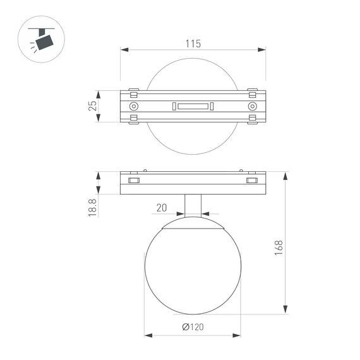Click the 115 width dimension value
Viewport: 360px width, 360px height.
pyautogui.click(x=193, y=44)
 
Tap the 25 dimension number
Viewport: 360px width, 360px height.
pyautogui.click(x=92, y=105)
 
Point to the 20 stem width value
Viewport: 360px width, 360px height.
pyautogui.click(x=162, y=207)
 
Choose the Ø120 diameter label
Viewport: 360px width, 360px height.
pyautogui.click(x=193, y=328)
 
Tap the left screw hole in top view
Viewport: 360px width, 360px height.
pyautogui.click(x=133, y=106)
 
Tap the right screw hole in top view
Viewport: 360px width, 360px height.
pyautogui.click(x=252, y=106)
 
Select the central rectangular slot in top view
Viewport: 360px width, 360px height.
pyautogui.click(x=193, y=106)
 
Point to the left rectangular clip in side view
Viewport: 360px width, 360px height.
pyautogui.click(x=133, y=181)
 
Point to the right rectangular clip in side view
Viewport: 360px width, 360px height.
pyautogui.click(x=252, y=181)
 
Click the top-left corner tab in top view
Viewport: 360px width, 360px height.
pyautogui.click(x=133, y=90)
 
